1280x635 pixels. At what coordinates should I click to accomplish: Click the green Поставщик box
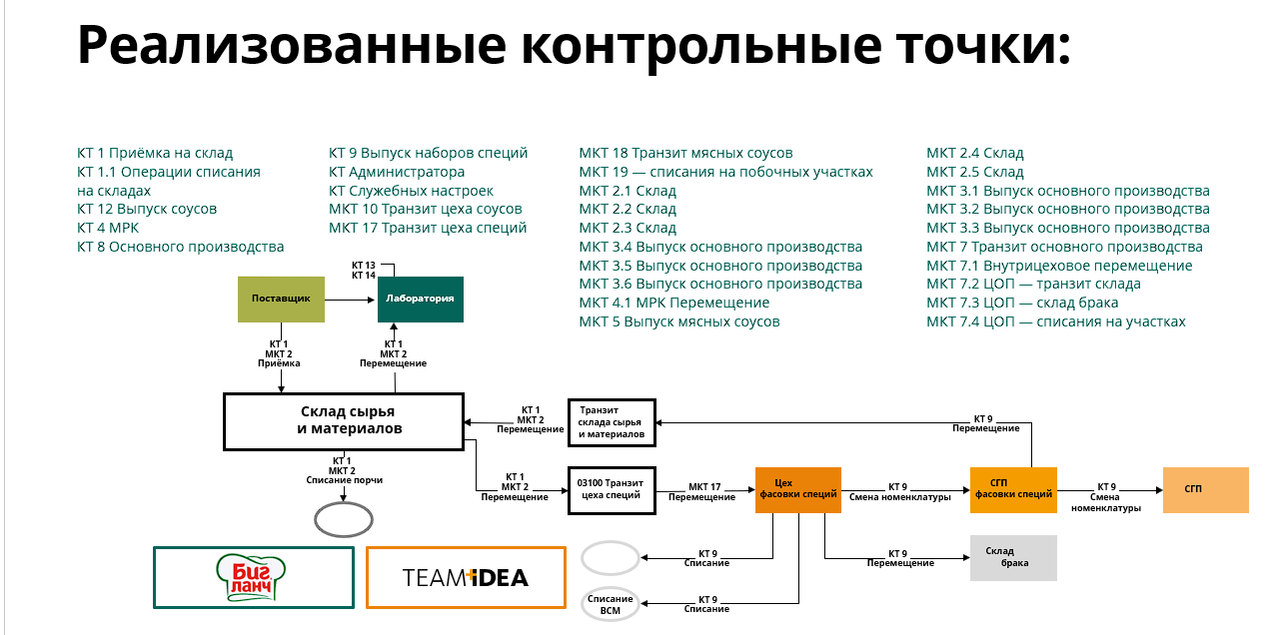(281, 300)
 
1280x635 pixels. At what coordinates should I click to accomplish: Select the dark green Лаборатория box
(421, 300)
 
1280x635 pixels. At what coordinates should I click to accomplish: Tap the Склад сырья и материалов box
(344, 421)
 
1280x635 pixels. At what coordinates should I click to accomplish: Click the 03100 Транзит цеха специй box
(612, 490)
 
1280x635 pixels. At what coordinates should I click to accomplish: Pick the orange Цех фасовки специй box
(798, 490)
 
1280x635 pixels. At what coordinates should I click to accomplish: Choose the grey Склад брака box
(1013, 558)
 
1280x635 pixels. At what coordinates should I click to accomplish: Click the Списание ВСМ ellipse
(611, 604)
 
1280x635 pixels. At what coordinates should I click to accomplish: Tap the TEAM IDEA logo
(466, 578)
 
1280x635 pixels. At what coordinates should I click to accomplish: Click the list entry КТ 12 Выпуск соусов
(147, 209)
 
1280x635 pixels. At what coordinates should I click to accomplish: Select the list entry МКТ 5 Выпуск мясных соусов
(678, 321)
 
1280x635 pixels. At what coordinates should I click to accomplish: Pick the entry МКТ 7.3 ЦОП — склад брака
(1022, 303)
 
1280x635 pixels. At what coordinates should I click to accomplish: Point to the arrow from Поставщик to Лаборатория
(349, 300)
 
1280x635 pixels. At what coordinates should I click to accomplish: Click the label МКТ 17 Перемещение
(702, 491)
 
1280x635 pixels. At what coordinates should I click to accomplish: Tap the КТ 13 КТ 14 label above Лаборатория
(364, 271)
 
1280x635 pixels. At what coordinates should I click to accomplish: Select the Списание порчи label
(345, 480)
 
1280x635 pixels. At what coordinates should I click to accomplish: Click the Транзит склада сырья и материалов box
(612, 422)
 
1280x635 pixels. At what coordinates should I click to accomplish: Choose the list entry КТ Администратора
(397, 172)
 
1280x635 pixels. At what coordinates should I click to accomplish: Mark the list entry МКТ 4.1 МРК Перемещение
(674, 303)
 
